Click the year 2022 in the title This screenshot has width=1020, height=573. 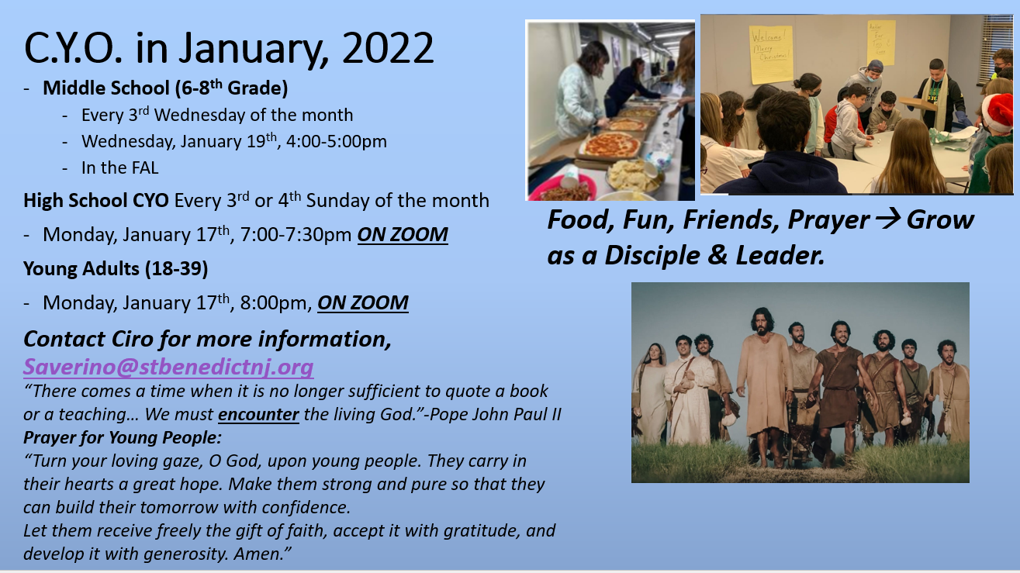(388, 48)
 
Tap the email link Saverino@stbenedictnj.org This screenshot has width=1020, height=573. (168, 367)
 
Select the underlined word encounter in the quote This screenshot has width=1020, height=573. (258, 414)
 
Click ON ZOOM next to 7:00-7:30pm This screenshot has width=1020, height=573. (403, 234)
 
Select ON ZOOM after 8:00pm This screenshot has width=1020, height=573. (363, 302)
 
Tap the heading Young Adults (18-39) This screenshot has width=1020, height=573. (116, 268)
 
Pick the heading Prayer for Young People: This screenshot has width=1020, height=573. (123, 437)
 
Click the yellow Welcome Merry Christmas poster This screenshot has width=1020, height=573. (770, 54)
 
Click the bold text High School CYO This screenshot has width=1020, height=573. (96, 201)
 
